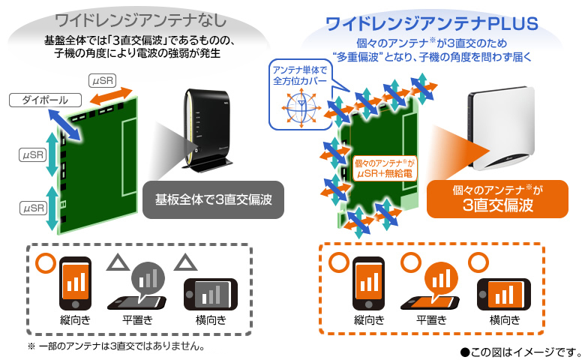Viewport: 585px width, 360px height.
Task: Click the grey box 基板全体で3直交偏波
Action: point(213,200)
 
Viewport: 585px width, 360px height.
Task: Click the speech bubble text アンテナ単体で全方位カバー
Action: point(294,75)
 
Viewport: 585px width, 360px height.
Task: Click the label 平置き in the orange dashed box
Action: point(433,321)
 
